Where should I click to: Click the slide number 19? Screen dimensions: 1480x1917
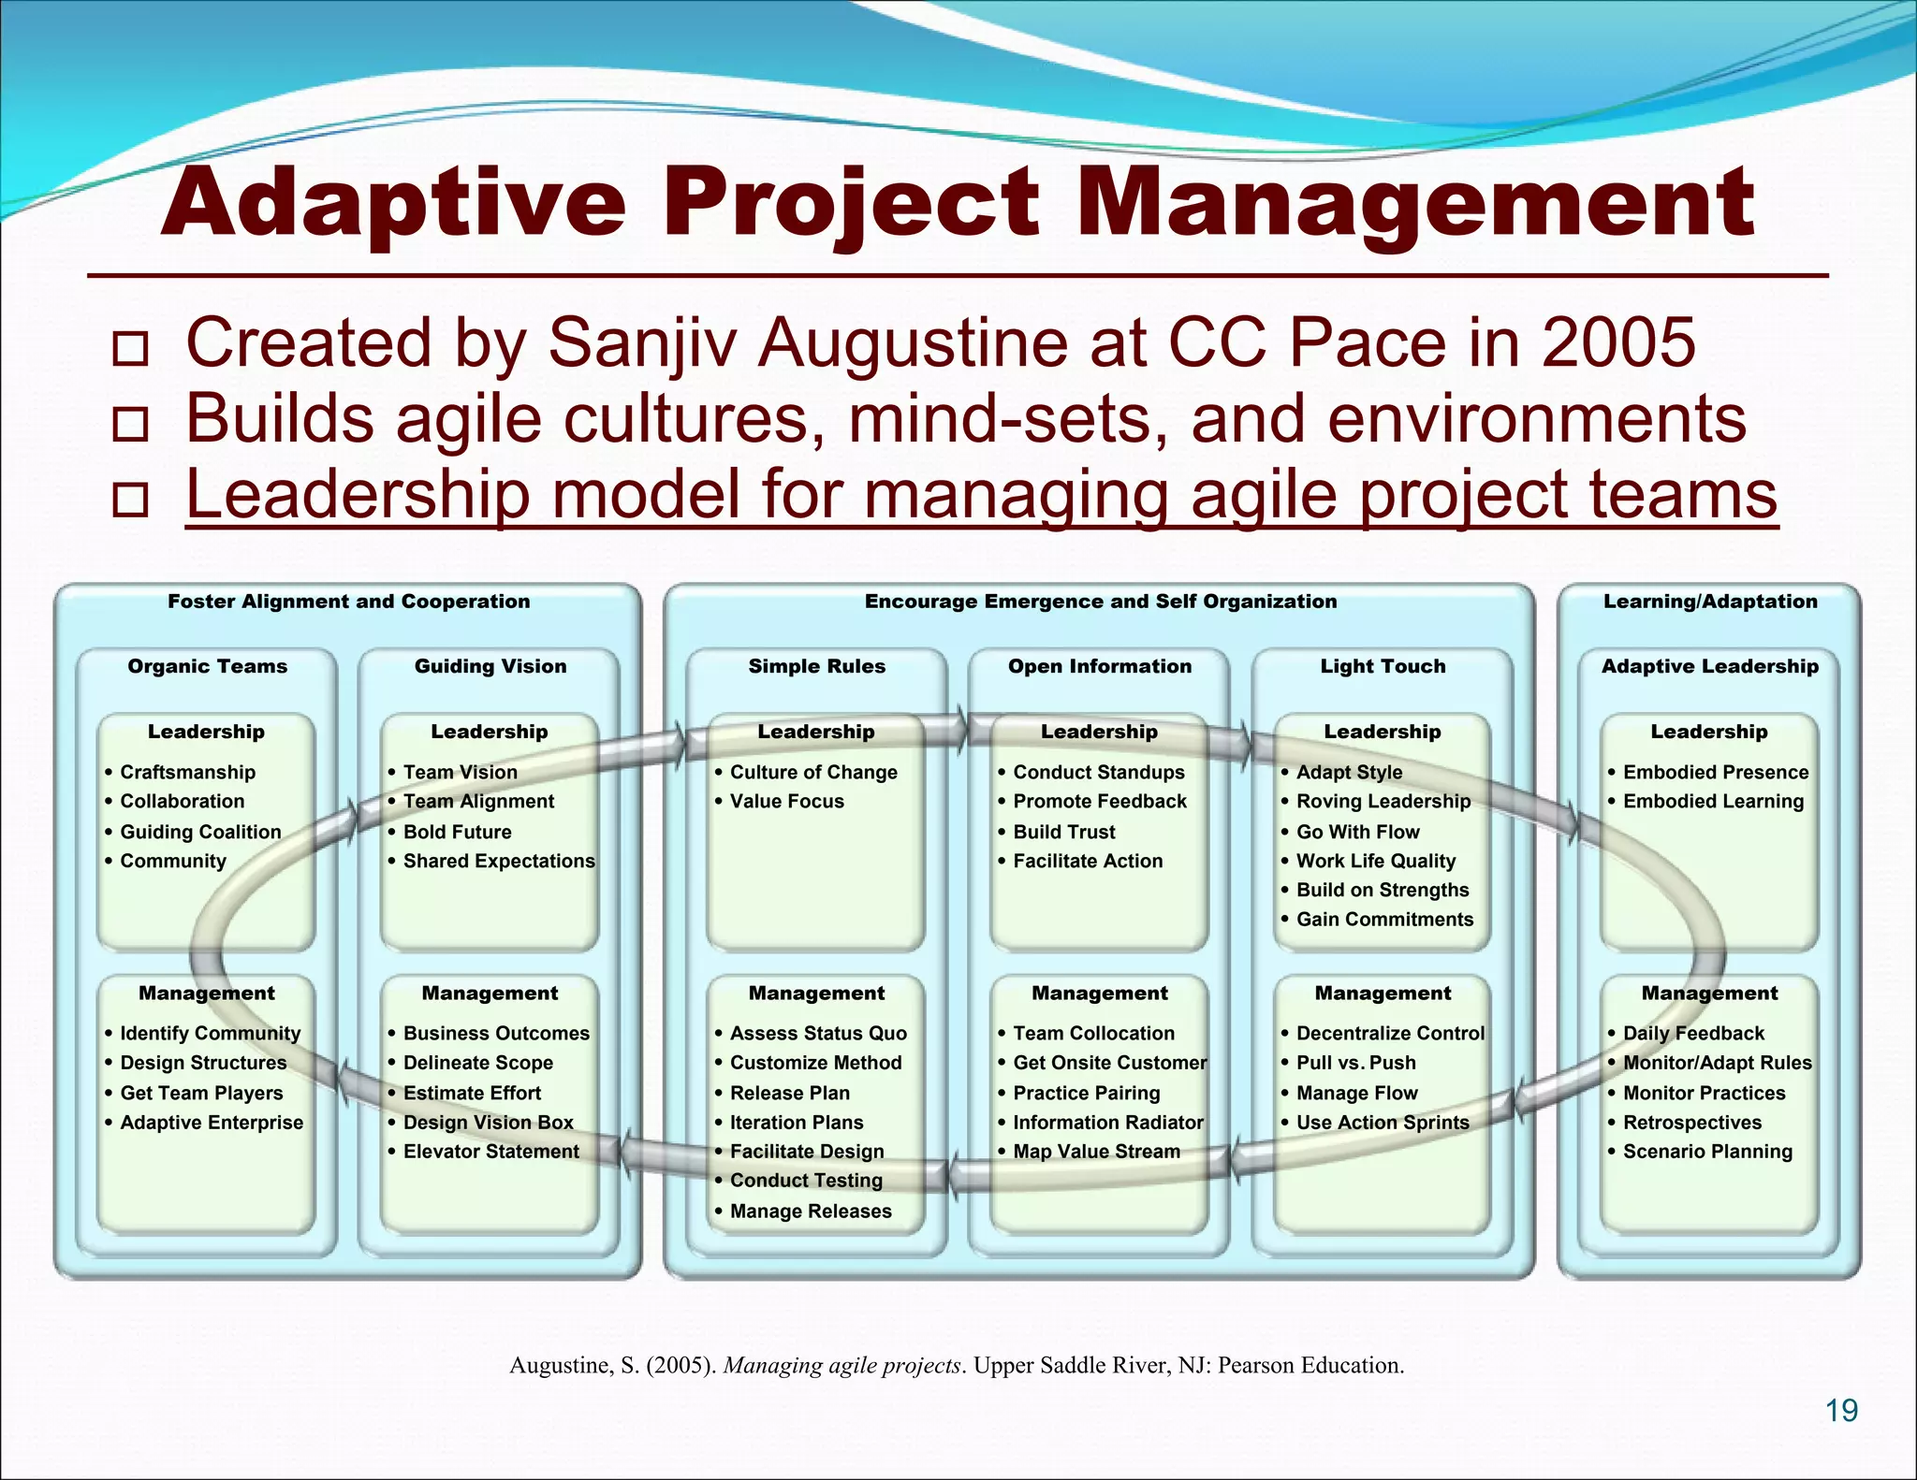click(1841, 1410)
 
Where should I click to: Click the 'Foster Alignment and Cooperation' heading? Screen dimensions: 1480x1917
click(348, 602)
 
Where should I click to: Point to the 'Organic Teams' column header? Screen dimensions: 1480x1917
click(207, 666)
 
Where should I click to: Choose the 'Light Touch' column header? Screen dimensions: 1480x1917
click(1383, 666)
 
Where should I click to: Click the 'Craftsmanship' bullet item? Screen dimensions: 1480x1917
click(187, 772)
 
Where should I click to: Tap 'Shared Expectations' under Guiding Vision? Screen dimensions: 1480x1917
click(498, 861)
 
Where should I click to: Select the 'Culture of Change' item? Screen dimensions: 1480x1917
click(812, 772)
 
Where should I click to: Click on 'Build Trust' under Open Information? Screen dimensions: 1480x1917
click(1063, 832)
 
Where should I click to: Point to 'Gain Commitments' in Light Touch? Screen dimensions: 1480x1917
click(1384, 920)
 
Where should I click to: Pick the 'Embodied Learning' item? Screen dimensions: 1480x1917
click(1713, 802)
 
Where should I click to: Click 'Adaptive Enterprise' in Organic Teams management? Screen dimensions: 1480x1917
click(212, 1123)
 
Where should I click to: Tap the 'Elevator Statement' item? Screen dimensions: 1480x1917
click(490, 1152)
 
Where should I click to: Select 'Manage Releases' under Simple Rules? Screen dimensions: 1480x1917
click(811, 1212)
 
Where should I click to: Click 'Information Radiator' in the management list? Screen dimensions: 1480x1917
click(1107, 1123)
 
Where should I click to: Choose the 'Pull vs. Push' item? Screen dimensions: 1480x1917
click(1355, 1063)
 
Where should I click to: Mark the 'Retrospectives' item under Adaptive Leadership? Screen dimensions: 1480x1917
click(1691, 1123)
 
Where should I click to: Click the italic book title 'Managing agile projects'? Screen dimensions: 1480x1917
click(842, 1366)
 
